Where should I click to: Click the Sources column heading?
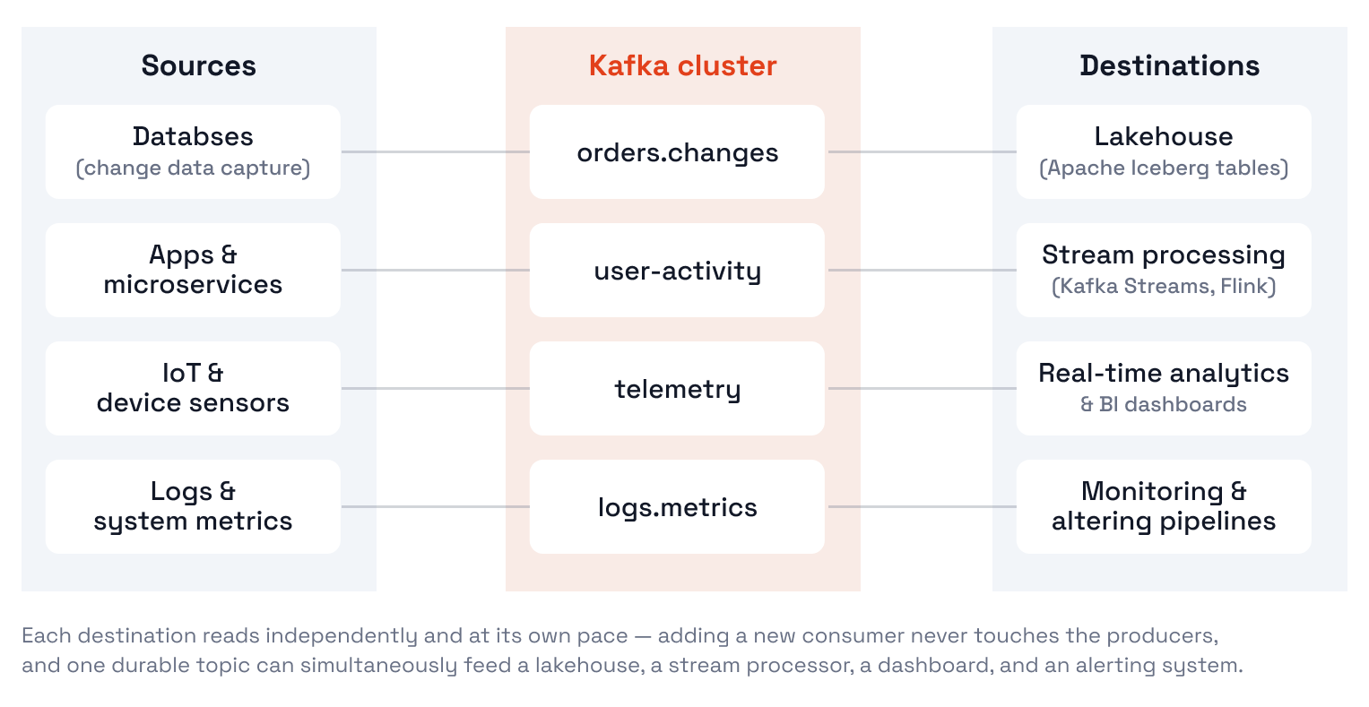tap(199, 65)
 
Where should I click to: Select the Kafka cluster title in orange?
tap(682, 65)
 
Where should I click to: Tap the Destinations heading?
tap(1170, 65)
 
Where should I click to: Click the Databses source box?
tap(193, 151)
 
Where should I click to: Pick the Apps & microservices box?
tap(193, 270)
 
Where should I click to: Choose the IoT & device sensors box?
tap(193, 388)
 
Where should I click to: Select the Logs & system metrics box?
tap(193, 506)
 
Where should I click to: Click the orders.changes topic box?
tap(677, 151)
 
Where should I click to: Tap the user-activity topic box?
tap(677, 270)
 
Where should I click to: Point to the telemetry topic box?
tap(677, 388)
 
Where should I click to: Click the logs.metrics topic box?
tap(677, 506)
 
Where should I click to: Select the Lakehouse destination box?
tap(1164, 151)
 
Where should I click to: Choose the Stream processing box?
tap(1164, 270)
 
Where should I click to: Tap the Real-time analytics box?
tap(1164, 388)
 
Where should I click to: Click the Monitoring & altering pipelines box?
tap(1164, 506)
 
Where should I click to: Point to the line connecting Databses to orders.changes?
tap(435, 151)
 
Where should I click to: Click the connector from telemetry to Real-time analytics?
tap(923, 388)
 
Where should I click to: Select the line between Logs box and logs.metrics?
tap(435, 506)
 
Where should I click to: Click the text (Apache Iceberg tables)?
tap(1164, 168)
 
